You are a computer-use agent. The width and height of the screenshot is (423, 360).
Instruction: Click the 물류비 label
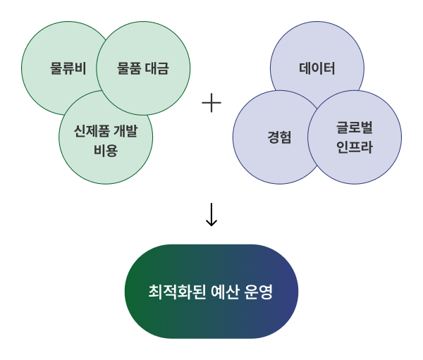point(68,68)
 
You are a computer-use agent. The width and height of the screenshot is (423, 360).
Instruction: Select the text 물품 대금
point(143,68)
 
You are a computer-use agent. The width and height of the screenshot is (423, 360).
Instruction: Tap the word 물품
point(129,68)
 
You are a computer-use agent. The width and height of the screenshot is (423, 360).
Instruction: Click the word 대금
point(157,68)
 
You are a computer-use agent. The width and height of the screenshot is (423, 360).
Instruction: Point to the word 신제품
point(92,131)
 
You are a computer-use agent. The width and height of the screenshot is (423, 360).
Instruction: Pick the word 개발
point(125,131)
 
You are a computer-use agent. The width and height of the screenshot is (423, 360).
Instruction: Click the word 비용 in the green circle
point(106,151)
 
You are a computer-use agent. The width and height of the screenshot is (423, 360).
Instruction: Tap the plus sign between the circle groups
point(211,103)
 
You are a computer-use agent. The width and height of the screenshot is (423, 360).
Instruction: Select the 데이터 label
point(317,68)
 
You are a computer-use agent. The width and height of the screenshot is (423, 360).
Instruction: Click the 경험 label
point(279,137)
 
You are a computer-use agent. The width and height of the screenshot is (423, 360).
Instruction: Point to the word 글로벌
point(355,128)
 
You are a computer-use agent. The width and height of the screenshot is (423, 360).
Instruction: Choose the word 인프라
point(355,147)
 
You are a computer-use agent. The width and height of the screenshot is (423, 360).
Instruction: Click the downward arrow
point(211,214)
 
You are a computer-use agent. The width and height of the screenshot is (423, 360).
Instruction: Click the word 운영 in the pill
point(259,292)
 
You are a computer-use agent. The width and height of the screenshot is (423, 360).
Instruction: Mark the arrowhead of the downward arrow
point(211,225)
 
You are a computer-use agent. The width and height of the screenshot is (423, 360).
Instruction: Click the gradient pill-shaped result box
point(211,292)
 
